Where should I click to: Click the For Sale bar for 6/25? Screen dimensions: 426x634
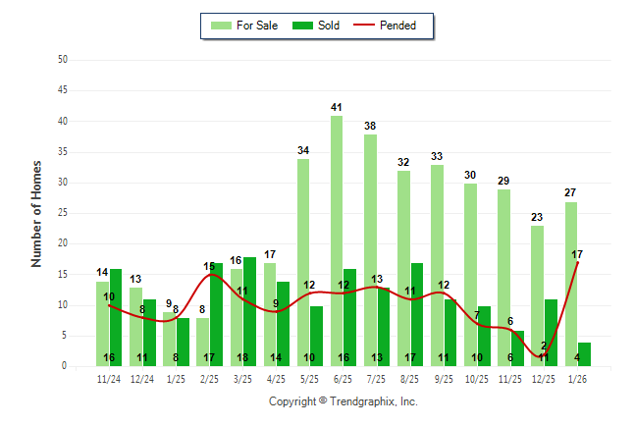(x=337, y=240)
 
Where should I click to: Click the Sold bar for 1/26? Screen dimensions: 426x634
(x=584, y=354)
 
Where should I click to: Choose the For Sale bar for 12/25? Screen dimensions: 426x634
(x=537, y=295)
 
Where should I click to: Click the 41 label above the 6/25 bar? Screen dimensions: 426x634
(x=337, y=107)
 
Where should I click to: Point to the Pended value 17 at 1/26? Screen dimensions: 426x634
(x=578, y=254)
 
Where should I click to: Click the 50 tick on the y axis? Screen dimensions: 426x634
(x=63, y=60)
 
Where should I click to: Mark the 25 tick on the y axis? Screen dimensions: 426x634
(x=63, y=213)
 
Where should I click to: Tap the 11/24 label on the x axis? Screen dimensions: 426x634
(x=108, y=378)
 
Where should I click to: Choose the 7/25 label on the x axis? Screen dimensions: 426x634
(x=377, y=378)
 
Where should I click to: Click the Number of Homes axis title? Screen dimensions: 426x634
(x=36, y=213)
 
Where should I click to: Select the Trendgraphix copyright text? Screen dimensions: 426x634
(x=343, y=401)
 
